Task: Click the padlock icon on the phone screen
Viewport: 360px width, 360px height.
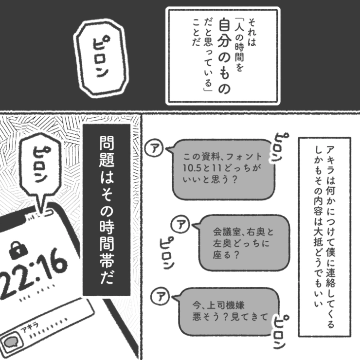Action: click(18, 250)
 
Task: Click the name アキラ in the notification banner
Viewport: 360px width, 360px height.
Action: click(29, 327)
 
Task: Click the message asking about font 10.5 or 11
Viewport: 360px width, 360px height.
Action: click(223, 169)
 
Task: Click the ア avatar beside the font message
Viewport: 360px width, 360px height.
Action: click(154, 148)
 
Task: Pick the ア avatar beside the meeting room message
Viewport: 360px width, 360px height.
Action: click(180, 224)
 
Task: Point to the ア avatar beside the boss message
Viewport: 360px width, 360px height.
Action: click(160, 296)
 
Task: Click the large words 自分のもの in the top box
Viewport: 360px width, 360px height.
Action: click(224, 56)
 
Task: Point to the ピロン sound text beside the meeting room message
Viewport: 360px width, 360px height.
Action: click(167, 253)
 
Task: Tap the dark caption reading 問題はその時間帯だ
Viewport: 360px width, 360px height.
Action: click(107, 210)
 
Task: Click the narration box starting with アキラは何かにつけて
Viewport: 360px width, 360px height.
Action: click(324, 237)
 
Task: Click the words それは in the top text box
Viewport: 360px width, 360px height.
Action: click(252, 33)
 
